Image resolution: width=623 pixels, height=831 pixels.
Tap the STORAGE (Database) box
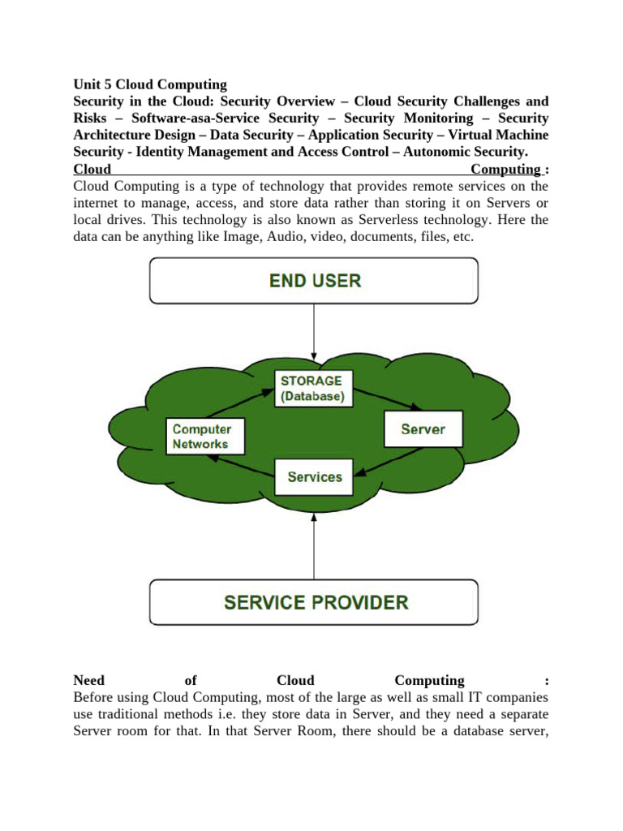click(311, 388)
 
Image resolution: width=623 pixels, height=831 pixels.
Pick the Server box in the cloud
click(423, 428)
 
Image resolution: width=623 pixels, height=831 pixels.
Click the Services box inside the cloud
click(315, 476)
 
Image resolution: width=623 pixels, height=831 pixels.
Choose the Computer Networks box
click(201, 437)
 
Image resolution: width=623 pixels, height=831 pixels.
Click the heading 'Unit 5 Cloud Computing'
click(150, 84)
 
